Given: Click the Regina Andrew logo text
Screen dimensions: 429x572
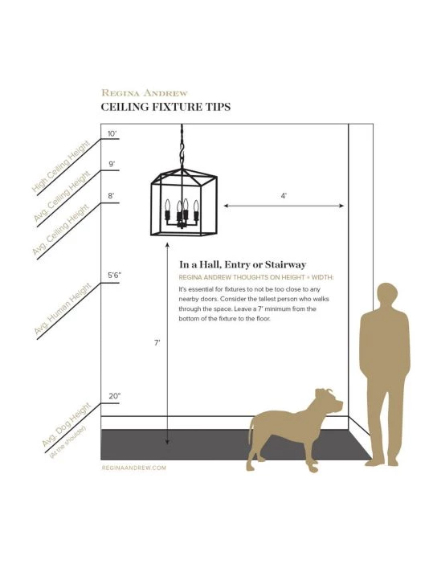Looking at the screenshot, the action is (145, 93).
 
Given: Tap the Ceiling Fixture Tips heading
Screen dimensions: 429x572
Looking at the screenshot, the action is (165, 107).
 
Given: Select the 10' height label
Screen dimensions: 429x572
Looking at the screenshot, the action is (112, 133).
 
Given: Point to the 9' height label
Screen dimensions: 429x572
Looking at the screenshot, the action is (112, 164).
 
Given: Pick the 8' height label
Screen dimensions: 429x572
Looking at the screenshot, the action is (111, 196).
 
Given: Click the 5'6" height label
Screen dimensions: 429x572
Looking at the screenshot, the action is (114, 275).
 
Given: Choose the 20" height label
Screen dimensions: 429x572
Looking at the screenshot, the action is (115, 396).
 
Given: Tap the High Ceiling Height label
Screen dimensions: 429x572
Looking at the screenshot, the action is (60, 167).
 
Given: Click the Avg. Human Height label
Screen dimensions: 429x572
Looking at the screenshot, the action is (62, 308).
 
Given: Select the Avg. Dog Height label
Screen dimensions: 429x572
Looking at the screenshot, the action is (66, 425).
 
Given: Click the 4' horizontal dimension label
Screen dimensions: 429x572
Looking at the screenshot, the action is (284, 196).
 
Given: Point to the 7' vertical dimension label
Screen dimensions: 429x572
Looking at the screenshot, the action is (157, 343).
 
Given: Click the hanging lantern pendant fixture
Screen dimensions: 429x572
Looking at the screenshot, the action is (184, 202).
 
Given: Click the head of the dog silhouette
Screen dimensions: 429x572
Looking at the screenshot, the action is (329, 401).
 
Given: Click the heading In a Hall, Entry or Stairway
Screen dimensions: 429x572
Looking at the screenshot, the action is (243, 264).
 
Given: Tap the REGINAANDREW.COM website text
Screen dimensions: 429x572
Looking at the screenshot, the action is (134, 468).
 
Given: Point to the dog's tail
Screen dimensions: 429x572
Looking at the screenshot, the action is (251, 430).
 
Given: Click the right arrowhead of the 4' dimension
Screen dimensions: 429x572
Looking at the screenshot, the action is (341, 206).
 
